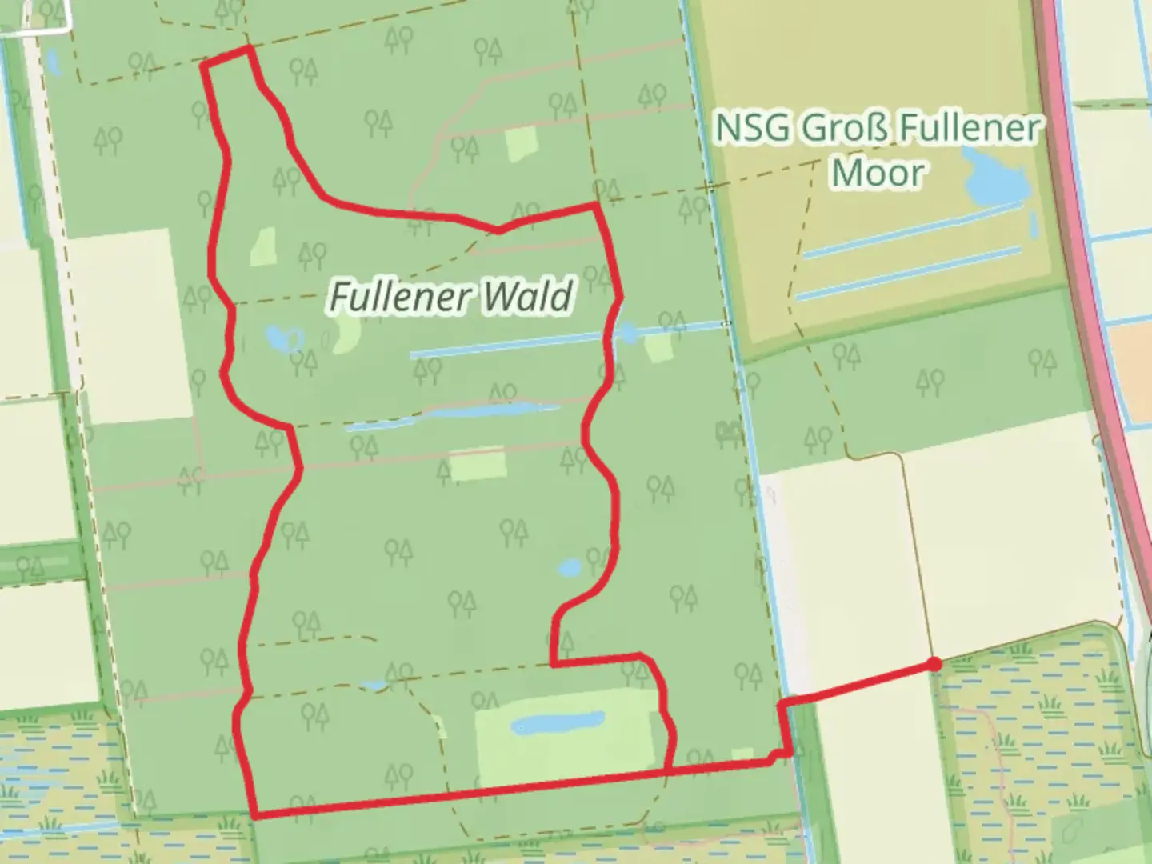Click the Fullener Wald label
451,297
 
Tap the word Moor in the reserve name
878,172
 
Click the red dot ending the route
934,663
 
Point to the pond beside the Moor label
996,180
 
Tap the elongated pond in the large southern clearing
558,722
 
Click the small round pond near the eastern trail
570,568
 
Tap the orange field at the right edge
1135,352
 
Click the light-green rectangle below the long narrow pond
478,464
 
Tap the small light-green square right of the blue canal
658,347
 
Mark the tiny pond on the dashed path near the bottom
373,686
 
